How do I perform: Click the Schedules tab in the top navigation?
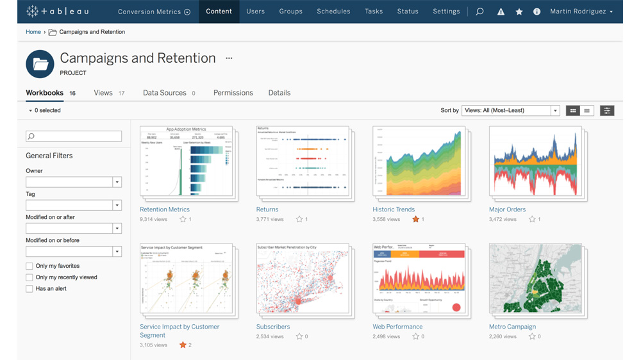coord(333,12)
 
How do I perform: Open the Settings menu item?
coord(446,12)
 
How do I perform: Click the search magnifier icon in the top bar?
coord(479,12)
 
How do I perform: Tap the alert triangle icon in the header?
coord(501,12)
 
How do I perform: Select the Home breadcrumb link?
coord(33,32)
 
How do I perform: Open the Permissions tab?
coord(233,93)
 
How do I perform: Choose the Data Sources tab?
coord(165,93)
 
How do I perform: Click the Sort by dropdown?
coord(511,111)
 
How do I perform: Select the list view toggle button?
coord(587,111)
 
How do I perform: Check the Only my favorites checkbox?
coord(29,266)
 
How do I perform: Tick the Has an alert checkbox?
coord(29,289)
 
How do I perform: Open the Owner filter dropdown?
coord(74,183)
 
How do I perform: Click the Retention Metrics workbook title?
coord(165,209)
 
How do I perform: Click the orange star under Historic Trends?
coord(415,219)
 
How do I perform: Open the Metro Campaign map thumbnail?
coord(535,279)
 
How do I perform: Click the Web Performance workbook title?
coord(397,327)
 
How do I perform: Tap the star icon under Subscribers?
coord(299,336)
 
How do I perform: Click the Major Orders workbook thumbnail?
coord(535,161)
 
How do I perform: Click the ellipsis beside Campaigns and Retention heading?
coord(229,58)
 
